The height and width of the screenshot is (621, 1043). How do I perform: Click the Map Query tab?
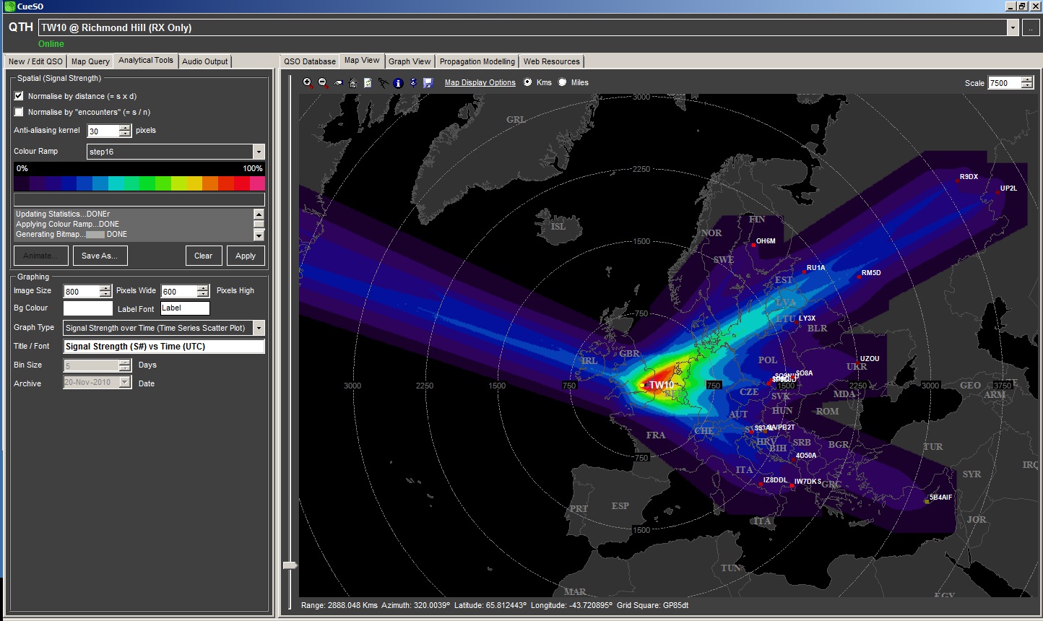coord(90,61)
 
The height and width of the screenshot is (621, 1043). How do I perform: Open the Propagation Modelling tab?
coord(477,61)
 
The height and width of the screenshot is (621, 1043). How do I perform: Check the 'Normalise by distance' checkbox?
coord(19,96)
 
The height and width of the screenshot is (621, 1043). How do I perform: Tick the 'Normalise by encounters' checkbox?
coord(19,112)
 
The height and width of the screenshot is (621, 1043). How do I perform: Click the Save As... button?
coord(100,256)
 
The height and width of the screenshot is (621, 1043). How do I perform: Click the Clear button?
coord(203,256)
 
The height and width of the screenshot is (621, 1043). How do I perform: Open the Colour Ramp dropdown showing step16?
coord(259,152)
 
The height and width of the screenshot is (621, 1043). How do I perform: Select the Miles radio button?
coord(563,82)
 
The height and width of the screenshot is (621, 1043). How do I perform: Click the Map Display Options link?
coord(480,82)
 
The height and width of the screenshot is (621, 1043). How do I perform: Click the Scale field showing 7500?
coord(1003,83)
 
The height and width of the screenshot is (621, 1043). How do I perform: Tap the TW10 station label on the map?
coord(661,385)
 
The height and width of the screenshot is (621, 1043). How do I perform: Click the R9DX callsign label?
coord(969,177)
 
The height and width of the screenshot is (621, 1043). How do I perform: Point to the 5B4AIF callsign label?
coord(940,498)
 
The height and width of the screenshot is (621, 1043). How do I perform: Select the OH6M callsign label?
coord(766,241)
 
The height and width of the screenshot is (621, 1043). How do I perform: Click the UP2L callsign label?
coord(1008,188)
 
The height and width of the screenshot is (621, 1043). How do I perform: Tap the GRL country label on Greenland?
coord(516,120)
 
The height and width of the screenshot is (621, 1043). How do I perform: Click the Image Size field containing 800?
coord(81,292)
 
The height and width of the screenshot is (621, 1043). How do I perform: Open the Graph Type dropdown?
coord(259,328)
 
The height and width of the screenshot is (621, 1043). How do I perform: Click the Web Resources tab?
coord(551,61)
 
